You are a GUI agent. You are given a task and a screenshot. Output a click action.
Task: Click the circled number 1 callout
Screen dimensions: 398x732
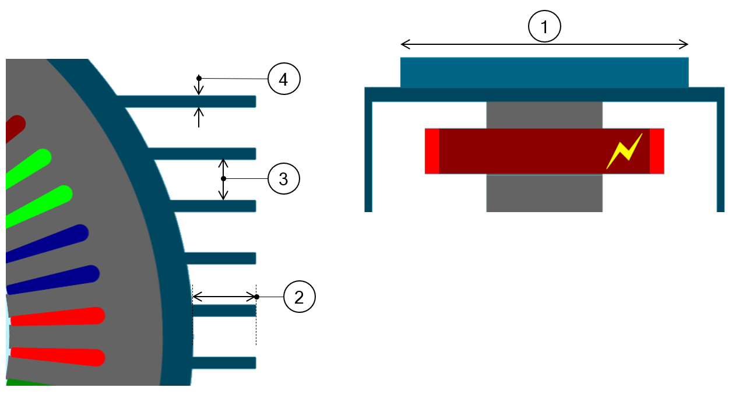point(544,27)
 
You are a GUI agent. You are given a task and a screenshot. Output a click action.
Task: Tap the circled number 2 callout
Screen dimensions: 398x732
point(299,297)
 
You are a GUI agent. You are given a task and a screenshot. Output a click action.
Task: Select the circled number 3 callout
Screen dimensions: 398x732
point(283,179)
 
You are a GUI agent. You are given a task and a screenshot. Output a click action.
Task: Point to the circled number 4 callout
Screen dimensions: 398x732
point(283,79)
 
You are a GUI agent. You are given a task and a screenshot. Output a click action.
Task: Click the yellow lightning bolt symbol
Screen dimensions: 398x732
point(624,151)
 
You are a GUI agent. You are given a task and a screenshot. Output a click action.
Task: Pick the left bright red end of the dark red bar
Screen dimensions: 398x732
point(432,151)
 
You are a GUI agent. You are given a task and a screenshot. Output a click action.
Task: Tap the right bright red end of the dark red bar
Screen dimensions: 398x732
point(657,151)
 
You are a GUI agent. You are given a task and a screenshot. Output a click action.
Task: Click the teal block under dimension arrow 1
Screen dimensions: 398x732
point(544,72)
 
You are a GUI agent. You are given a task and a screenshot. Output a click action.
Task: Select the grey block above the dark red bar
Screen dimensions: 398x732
point(544,115)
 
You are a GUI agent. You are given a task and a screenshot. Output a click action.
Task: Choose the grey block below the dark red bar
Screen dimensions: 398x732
point(544,193)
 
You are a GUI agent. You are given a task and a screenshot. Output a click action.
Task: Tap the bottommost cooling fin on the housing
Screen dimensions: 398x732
point(224,362)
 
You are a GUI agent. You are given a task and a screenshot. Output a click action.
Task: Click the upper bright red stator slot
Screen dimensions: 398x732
point(58,316)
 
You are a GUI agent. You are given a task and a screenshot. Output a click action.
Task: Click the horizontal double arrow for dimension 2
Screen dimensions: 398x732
point(224,296)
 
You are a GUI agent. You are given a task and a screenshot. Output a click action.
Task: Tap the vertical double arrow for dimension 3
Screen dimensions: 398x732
point(223,178)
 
